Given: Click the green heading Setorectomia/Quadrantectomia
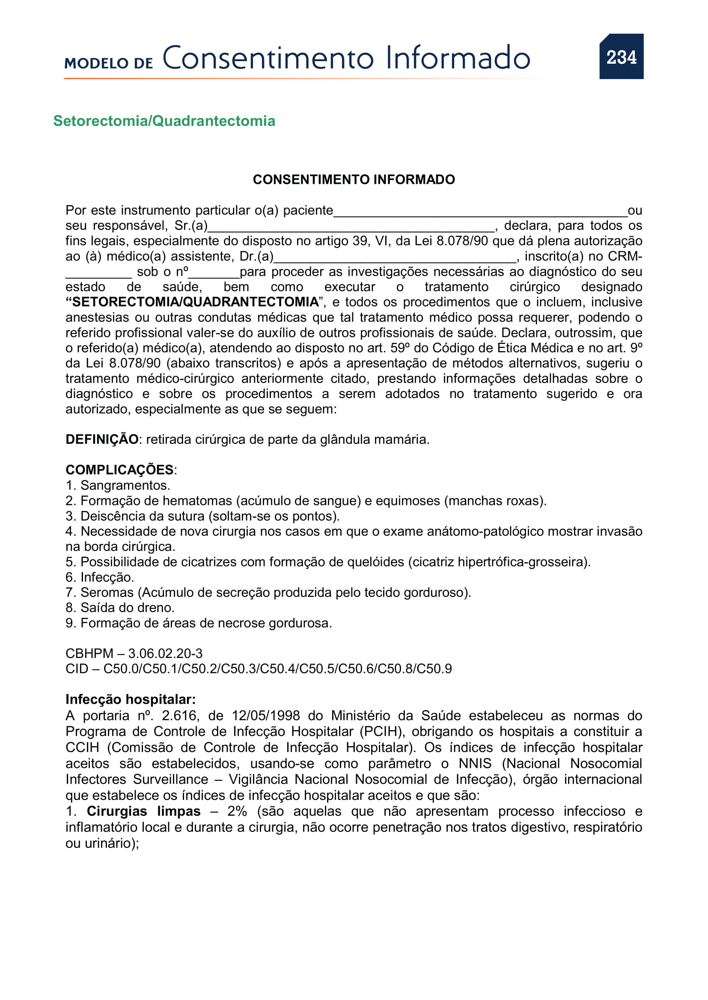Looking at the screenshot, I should tap(164, 121).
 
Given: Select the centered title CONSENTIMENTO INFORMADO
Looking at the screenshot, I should tap(354, 180).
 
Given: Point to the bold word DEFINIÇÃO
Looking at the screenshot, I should tap(101, 440).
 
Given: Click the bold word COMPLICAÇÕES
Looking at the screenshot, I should tap(119, 470).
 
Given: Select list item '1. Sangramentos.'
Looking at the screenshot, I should tap(118, 485).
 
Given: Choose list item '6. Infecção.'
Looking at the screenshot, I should tap(99, 577).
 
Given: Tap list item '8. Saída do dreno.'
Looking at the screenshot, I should tap(120, 608).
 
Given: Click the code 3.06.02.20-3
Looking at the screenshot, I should tap(165, 653).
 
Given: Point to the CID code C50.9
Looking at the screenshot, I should tap(434, 669).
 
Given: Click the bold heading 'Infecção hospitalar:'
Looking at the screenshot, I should tap(131, 699).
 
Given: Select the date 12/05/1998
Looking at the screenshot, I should tap(265, 716).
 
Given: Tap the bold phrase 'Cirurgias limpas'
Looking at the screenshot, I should tap(143, 811).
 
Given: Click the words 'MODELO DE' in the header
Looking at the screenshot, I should tap(109, 63).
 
